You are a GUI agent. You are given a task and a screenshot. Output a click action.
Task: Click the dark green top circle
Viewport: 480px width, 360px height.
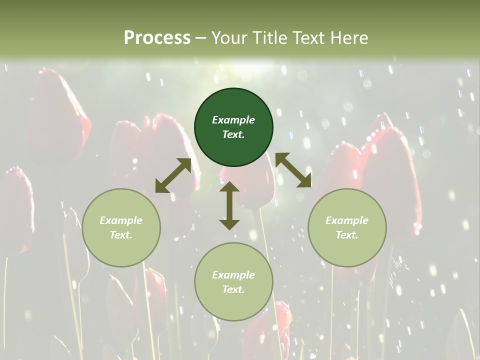(233, 127)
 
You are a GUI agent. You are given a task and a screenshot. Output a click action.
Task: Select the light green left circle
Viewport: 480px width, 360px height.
(121, 227)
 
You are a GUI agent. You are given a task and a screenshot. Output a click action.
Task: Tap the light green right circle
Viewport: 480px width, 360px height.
(347, 227)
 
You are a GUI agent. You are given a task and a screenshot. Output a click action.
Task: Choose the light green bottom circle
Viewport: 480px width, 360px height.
(233, 282)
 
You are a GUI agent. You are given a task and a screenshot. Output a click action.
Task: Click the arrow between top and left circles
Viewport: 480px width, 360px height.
(173, 175)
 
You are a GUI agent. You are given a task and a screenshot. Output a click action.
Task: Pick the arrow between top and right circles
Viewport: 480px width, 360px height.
(293, 170)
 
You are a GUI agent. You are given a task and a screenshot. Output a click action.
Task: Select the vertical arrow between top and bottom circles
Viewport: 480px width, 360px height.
(229, 205)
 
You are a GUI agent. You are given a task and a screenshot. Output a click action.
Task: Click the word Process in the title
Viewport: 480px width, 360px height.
(157, 37)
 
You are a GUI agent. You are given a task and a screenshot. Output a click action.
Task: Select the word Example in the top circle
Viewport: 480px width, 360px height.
(233, 120)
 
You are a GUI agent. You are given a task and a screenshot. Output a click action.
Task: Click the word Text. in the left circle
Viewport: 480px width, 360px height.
(121, 235)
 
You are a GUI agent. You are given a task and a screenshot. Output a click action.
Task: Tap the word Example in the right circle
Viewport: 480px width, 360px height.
(347, 220)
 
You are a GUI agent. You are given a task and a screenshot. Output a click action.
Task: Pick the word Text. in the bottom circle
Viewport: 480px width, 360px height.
(233, 289)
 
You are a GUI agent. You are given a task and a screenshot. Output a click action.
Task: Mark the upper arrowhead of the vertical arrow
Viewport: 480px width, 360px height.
(229, 187)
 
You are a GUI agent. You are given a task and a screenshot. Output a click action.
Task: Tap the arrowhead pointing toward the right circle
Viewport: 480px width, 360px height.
(305, 181)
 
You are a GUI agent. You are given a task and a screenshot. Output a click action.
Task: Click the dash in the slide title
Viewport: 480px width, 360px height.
(201, 38)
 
